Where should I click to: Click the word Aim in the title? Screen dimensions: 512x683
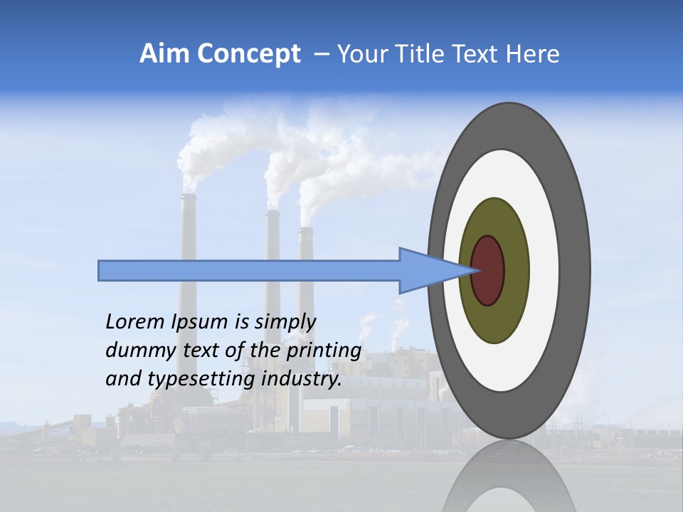click(164, 54)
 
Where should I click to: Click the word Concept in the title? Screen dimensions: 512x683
click(248, 55)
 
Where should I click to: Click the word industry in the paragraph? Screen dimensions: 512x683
click(302, 379)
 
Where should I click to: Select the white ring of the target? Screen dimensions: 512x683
click(544, 284)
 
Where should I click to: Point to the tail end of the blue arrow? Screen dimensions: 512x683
click(103, 271)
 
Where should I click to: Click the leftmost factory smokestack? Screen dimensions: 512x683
click(188, 228)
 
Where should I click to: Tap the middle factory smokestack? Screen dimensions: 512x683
click(272, 235)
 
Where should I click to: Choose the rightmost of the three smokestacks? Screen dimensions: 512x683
click(306, 242)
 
